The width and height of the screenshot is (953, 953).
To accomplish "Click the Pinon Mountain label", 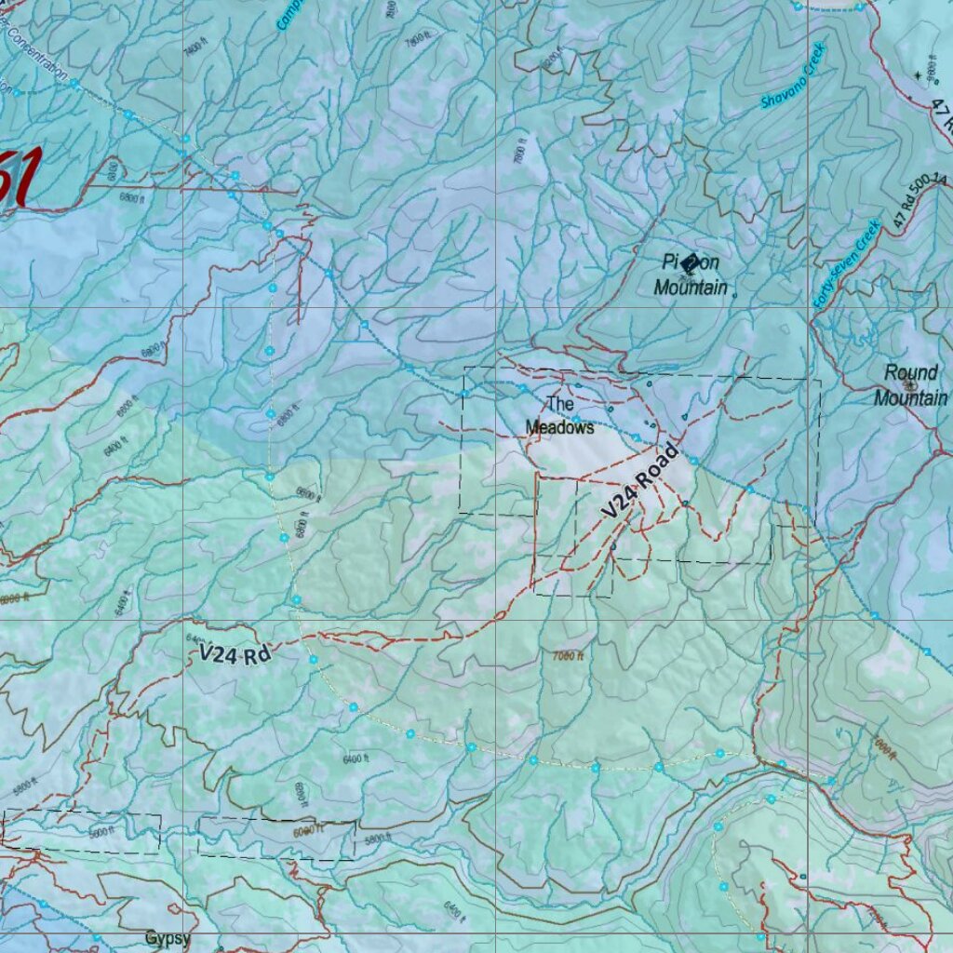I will [691, 275].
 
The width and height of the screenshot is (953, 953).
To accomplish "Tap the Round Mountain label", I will [910, 385].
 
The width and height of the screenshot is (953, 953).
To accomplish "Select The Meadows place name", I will [559, 416].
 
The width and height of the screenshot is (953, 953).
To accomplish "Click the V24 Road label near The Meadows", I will [639, 481].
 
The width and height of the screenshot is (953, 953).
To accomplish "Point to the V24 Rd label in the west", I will [235, 654].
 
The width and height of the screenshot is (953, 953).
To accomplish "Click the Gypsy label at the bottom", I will [168, 938].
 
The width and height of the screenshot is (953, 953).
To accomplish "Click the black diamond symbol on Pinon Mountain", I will [689, 264].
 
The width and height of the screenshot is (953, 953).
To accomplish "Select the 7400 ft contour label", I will [194, 47].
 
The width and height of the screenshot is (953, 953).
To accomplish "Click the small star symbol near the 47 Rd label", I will [918, 74].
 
